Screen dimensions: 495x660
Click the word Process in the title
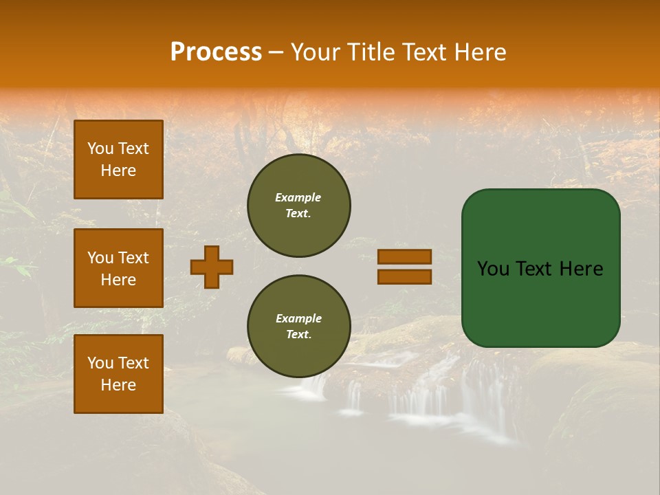216,52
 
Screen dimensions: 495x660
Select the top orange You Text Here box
118,159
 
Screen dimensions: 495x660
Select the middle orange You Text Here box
118,268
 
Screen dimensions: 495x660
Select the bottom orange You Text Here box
118,374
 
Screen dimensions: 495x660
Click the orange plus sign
212,267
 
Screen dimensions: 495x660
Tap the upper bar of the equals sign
404,256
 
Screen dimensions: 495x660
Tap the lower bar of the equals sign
404,276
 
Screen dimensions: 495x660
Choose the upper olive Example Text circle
298,206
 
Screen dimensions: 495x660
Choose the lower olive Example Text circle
298,327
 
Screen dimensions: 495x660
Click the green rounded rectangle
540,302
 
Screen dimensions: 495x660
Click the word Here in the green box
582,269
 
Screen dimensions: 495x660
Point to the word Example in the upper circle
298,197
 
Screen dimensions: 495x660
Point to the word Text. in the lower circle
298,335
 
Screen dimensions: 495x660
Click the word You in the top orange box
100,148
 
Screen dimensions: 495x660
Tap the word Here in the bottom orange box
118,385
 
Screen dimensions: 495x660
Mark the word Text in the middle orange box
133,258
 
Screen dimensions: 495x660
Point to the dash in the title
276,53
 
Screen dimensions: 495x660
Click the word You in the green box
493,269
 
